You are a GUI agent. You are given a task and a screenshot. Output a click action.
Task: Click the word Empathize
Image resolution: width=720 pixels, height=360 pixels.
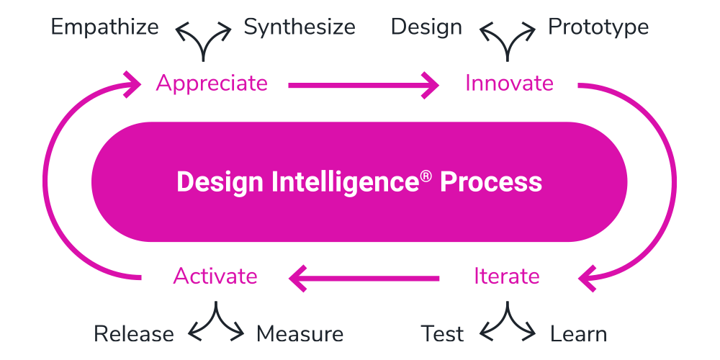[x=104, y=27]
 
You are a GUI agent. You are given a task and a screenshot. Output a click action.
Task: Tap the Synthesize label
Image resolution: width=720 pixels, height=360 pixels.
[x=299, y=27]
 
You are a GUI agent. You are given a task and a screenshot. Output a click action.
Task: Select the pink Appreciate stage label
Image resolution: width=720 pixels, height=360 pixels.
[x=212, y=84]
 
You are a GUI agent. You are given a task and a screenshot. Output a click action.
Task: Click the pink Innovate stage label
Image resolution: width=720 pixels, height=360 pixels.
[x=509, y=84]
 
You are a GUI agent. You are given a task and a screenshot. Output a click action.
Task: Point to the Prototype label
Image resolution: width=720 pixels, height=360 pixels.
[x=598, y=27]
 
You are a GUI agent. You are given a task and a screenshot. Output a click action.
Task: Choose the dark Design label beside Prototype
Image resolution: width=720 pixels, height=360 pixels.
[x=426, y=27]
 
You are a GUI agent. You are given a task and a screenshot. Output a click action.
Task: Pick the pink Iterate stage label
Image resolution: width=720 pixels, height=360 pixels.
[x=506, y=276]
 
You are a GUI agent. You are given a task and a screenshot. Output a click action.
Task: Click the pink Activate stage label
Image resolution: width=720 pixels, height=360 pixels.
[x=215, y=276]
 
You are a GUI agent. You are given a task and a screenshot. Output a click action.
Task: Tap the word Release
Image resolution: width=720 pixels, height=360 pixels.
[x=134, y=334]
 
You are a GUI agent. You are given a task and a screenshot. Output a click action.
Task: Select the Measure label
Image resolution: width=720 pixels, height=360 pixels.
[x=300, y=334]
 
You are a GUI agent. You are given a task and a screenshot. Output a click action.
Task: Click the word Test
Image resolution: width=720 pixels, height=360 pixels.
[x=442, y=334]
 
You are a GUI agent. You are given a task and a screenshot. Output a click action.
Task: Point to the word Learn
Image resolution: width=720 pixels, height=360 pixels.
[x=578, y=334]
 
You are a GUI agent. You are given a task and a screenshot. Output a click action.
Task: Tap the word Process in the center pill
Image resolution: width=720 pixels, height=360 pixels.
[x=491, y=181]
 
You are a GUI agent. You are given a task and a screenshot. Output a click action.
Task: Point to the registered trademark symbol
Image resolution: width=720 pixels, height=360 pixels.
[x=426, y=175]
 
